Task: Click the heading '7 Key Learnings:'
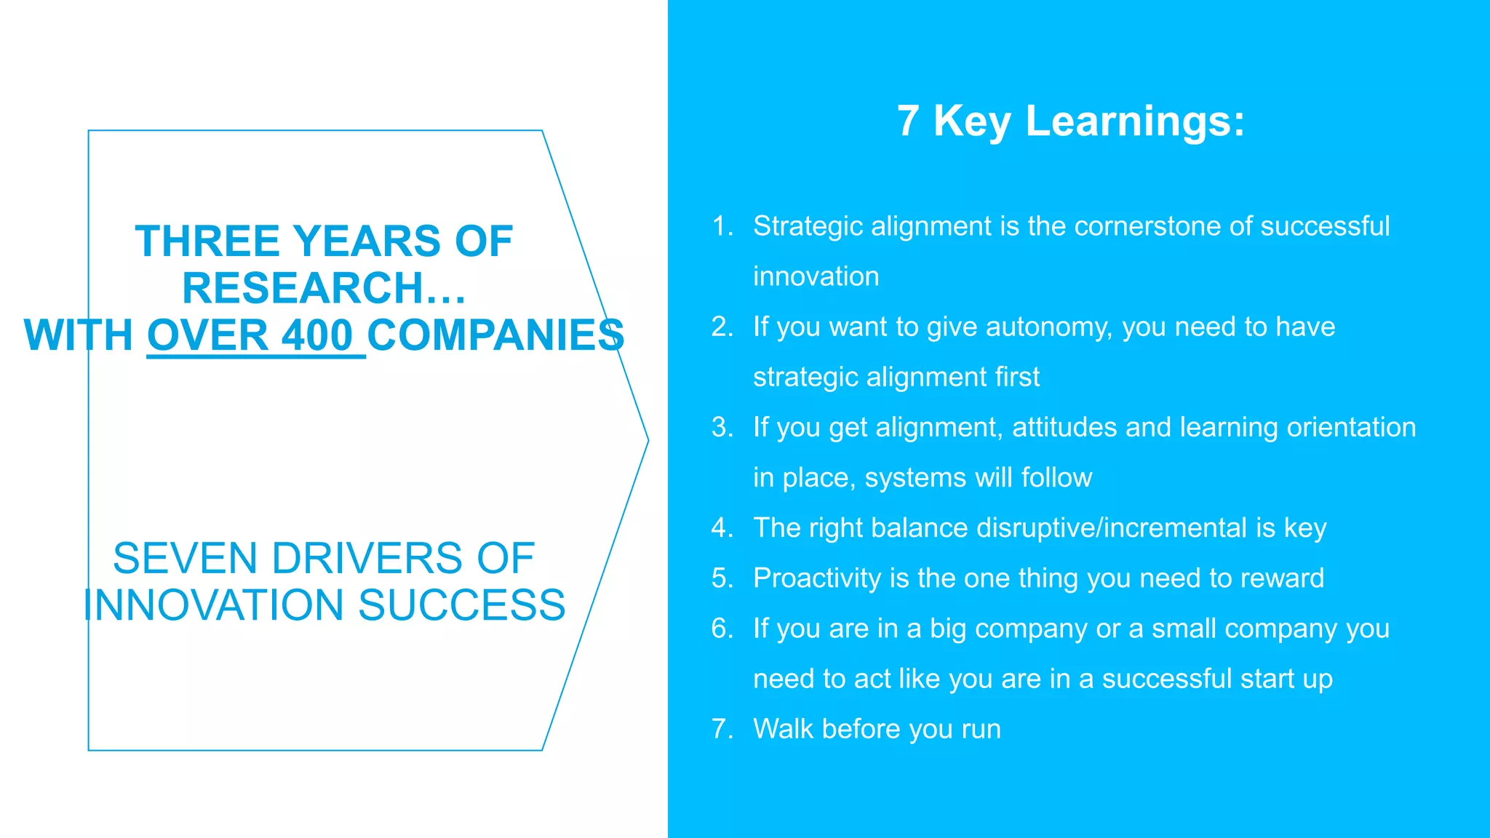1070,121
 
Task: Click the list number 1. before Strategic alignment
722,226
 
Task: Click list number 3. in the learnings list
722,428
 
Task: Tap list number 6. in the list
722,628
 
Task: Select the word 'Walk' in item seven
783,729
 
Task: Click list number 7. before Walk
722,729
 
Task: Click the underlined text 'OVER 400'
250,335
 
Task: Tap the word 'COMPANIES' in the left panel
495,335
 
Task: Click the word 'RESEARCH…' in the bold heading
324,288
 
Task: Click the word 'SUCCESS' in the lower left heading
462,605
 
